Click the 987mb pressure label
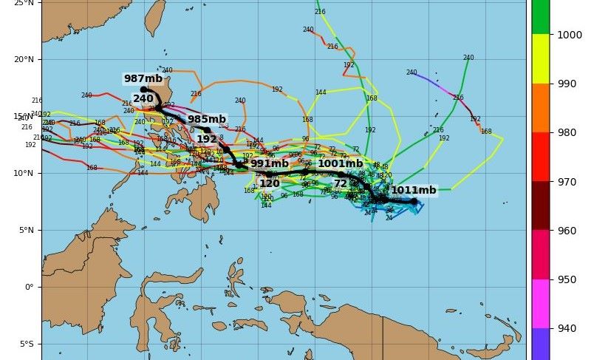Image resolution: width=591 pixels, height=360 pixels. [143, 79]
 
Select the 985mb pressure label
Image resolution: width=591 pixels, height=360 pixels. [206, 119]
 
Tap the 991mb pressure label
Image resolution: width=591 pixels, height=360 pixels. [270, 164]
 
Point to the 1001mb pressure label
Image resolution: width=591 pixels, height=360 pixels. [340, 164]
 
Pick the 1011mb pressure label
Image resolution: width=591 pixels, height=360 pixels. [414, 191]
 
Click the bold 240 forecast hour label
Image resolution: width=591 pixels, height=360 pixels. [143, 98]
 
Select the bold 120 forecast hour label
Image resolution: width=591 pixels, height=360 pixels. [270, 183]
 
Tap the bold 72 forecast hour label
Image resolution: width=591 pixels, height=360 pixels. [341, 183]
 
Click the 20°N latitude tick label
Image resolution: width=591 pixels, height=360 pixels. [25, 60]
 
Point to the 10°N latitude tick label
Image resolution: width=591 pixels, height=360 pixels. [25, 174]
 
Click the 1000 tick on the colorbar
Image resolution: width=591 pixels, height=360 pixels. [569, 34]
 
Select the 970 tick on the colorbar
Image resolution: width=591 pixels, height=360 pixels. [566, 181]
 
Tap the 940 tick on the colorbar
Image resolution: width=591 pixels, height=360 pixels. [566, 328]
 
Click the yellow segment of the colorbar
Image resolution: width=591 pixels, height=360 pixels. [539, 58]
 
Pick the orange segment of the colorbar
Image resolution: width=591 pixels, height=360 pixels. [539, 107]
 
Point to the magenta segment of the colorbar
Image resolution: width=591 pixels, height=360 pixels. [539, 303]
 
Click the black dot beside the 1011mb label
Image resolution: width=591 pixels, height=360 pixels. [414, 201]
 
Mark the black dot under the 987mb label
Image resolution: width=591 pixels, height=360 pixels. [143, 89]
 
